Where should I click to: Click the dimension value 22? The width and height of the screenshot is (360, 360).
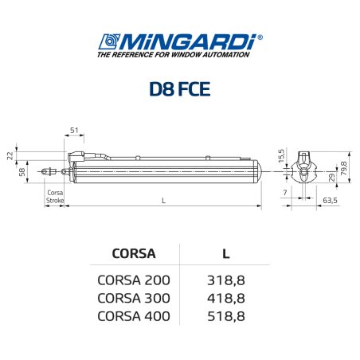(10, 155)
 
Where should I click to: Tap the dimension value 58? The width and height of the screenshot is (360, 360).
(22, 170)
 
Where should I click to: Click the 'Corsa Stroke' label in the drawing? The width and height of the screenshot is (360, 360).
(53, 197)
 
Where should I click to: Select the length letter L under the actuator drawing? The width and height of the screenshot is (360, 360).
(162, 201)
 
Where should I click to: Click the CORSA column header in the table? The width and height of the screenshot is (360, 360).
(133, 254)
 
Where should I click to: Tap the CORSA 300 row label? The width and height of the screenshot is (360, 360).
(133, 298)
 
